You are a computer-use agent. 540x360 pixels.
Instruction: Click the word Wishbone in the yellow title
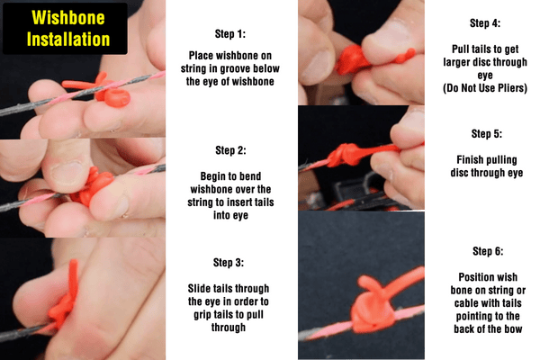[68, 17]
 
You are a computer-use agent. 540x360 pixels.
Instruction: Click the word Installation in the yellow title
[68, 39]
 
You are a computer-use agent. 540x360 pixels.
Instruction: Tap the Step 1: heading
[230, 34]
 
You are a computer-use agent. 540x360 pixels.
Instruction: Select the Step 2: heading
[230, 150]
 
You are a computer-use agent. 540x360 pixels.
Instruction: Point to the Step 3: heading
[229, 263]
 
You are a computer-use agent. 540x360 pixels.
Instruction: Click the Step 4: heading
[485, 23]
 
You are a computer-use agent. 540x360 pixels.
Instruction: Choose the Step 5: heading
[487, 134]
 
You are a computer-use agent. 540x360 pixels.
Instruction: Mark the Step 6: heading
[488, 251]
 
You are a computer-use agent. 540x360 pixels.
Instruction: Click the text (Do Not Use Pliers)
[485, 88]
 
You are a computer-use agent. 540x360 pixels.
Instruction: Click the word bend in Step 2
[251, 176]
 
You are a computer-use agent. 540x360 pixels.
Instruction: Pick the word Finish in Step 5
[470, 160]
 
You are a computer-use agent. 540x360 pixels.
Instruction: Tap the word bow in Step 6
[513, 329]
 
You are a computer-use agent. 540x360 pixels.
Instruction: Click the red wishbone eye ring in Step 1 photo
[117, 98]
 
